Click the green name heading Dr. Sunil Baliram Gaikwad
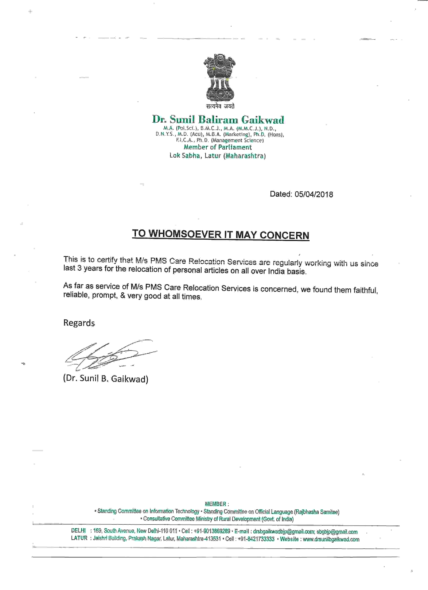[x=218, y=120]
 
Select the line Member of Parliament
[x=218, y=147]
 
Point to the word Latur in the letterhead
[x=213, y=156]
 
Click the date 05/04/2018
[x=314, y=194]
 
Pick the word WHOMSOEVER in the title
[x=185, y=234]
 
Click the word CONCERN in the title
[x=284, y=235]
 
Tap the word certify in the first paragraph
[x=107, y=260]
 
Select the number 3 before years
[x=79, y=268]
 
